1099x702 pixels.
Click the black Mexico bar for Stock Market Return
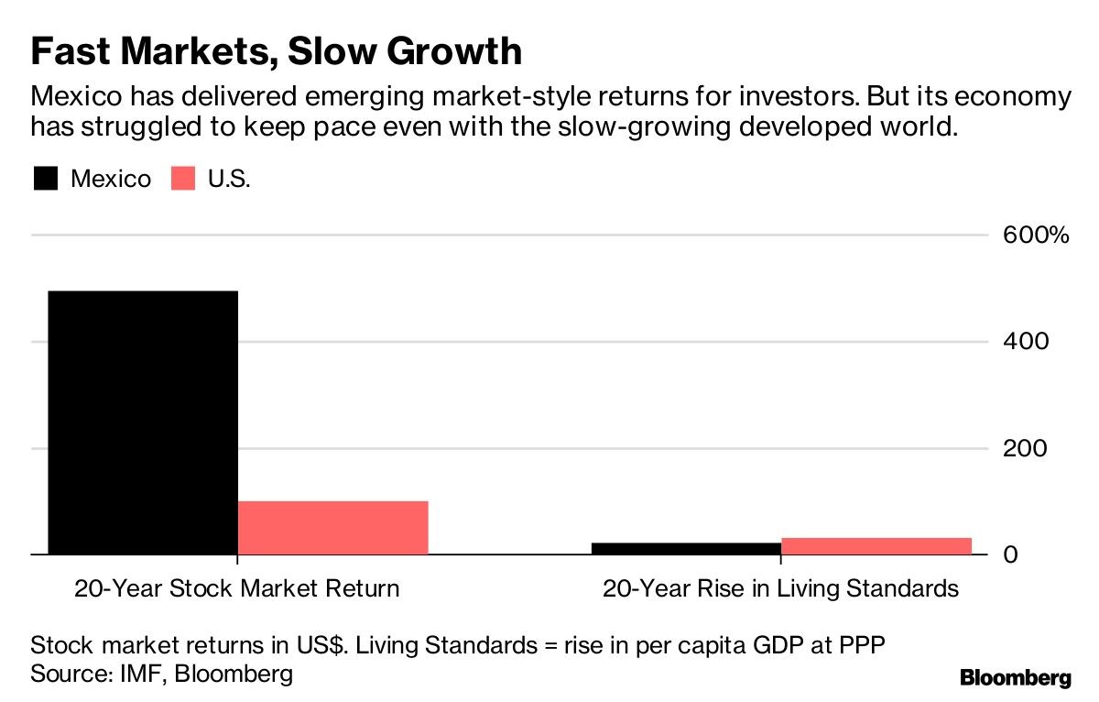pyautogui.click(x=142, y=422)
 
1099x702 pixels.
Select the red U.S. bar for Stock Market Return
pyautogui.click(x=332, y=528)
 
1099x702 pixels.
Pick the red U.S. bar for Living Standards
pyautogui.click(x=876, y=545)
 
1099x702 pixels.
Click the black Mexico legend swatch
pyautogui.click(x=46, y=178)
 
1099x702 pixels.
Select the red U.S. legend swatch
pyautogui.click(x=183, y=178)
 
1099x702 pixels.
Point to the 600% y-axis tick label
pyautogui.click(x=1034, y=236)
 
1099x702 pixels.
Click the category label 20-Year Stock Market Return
pyautogui.click(x=237, y=587)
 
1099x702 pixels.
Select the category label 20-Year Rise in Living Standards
pyautogui.click(x=780, y=587)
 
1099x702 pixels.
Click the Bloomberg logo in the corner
pyautogui.click(x=1015, y=678)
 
